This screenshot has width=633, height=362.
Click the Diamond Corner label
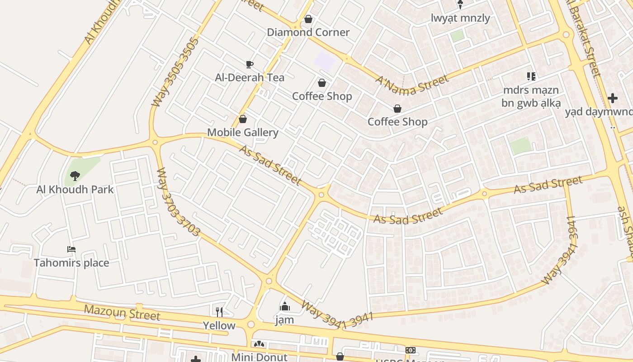(x=308, y=32)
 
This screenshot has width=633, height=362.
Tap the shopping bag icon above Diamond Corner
(x=308, y=19)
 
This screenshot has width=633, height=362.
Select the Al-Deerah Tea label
(x=250, y=77)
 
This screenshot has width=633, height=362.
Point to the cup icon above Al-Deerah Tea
(x=249, y=64)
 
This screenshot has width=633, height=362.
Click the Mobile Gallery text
(x=242, y=133)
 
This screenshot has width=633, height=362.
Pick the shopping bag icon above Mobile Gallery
(x=243, y=119)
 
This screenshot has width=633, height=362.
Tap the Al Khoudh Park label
(x=75, y=189)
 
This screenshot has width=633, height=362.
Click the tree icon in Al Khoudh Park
(x=75, y=176)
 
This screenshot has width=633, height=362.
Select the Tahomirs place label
(x=71, y=263)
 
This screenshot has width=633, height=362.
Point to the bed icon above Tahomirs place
(x=71, y=249)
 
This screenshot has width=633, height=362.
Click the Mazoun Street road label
(x=122, y=312)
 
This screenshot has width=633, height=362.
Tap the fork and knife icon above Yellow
(x=219, y=312)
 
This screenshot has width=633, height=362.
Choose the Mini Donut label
(x=259, y=357)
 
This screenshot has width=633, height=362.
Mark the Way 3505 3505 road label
(x=175, y=72)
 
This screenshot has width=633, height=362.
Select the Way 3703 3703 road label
(x=178, y=202)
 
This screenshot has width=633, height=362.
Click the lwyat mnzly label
(x=460, y=18)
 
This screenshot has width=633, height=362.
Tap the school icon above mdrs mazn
(x=531, y=76)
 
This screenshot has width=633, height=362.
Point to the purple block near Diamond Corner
(x=325, y=61)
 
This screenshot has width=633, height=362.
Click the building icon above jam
(x=284, y=307)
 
